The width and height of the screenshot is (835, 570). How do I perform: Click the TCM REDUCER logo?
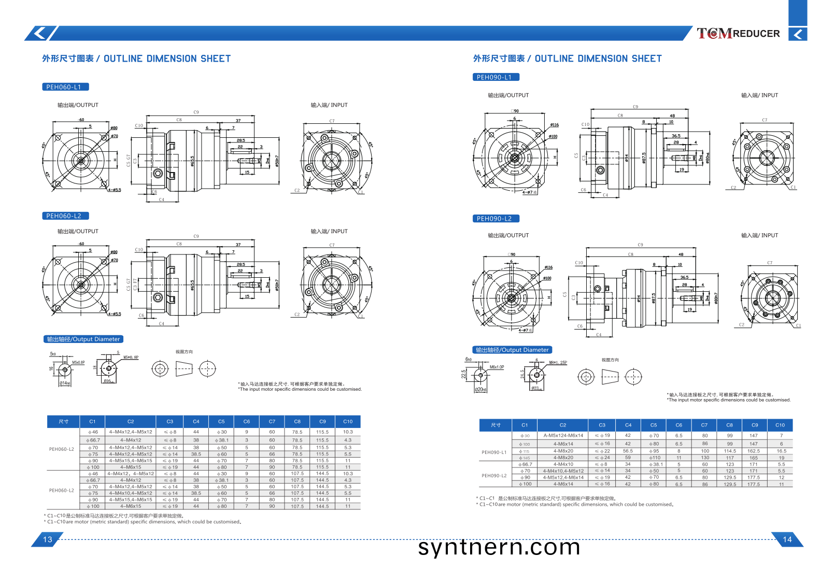[x=738, y=34]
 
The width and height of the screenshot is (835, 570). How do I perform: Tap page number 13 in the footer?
[x=48, y=539]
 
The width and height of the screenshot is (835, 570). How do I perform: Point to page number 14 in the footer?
[x=787, y=539]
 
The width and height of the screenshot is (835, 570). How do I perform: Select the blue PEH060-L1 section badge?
[x=65, y=87]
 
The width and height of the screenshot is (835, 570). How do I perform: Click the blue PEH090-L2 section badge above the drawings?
[x=495, y=219]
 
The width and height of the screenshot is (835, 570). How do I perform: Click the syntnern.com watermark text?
[x=499, y=547]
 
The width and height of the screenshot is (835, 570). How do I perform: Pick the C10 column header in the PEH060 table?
[x=348, y=421]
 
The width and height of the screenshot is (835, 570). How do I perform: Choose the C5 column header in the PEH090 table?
[x=654, y=425]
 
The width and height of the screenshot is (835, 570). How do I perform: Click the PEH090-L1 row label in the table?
[x=494, y=452]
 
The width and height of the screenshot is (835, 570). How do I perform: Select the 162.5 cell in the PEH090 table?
[x=754, y=451]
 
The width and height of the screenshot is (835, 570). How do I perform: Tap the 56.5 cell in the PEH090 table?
[x=628, y=451]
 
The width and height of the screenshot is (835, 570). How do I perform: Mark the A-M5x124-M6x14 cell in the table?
[x=563, y=436]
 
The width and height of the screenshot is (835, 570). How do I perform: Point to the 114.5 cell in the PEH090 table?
[x=730, y=451]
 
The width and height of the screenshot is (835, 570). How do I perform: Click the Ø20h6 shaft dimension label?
[x=480, y=390]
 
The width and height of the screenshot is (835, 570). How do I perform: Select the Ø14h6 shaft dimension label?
[x=65, y=383]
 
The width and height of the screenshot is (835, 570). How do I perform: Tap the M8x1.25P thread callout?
[x=558, y=363]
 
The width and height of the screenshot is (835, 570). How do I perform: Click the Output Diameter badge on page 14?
[x=512, y=350]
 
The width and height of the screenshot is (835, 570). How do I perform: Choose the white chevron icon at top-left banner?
[x=39, y=34]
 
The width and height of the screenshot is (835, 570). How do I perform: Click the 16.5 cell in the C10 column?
[x=781, y=451]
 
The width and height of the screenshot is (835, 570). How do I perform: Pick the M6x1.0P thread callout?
[x=497, y=367]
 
